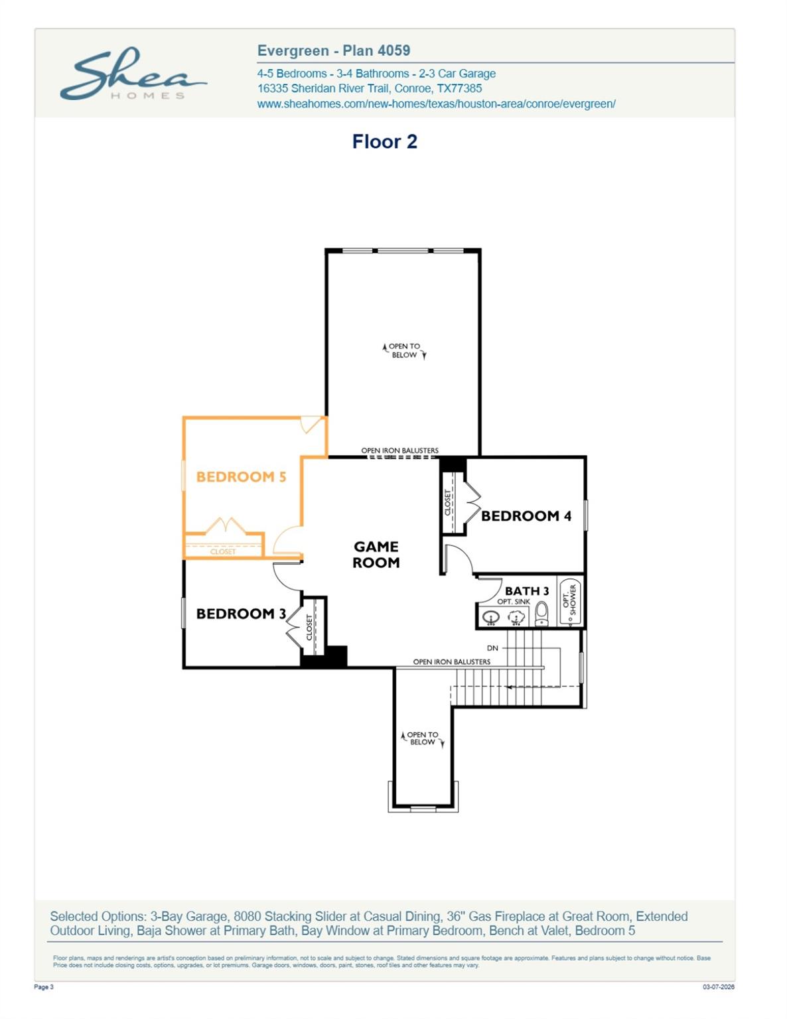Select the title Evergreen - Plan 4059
333,50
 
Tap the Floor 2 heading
384,141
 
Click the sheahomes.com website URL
436,103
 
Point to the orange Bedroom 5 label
241,476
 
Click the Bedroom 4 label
526,515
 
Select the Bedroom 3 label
241,614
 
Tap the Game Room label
376,554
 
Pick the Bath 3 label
527,590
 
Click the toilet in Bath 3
541,614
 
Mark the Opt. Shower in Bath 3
569,600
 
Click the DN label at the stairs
492,648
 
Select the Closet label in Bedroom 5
223,551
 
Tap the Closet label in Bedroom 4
448,502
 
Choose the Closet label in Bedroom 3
309,627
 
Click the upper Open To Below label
404,350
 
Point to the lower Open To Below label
422,738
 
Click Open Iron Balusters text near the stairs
451,661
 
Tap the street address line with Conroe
369,88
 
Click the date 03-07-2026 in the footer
718,987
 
